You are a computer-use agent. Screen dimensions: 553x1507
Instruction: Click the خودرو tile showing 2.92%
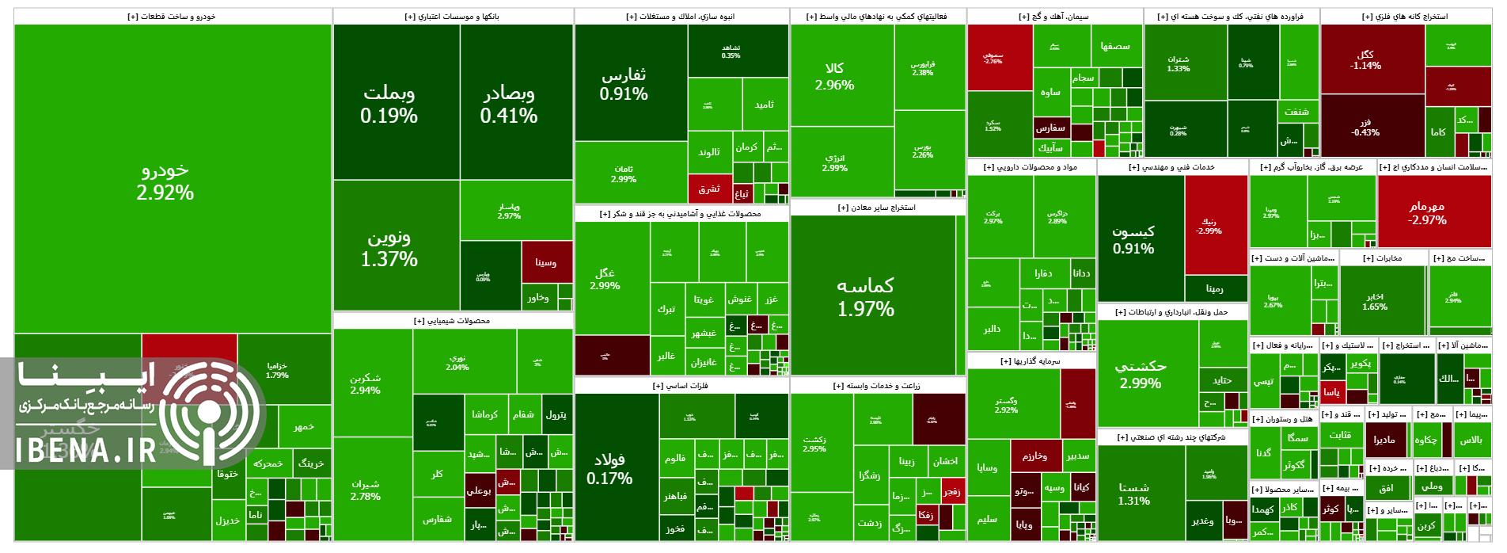165,181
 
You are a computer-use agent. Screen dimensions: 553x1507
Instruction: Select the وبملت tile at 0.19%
389,104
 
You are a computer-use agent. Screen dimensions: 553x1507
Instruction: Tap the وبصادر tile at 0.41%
509,104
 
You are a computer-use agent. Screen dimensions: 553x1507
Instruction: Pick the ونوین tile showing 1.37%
389,247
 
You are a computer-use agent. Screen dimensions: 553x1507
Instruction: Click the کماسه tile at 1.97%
866,296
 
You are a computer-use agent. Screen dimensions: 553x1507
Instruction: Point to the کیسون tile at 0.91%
1133,238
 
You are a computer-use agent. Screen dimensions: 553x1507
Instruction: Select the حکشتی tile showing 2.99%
1141,374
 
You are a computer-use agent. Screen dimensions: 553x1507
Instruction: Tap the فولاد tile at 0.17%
609,468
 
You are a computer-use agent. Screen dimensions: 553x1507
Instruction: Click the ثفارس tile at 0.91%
624,84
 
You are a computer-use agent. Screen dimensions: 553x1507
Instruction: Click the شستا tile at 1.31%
1133,493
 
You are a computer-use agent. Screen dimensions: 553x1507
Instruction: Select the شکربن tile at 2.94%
365,383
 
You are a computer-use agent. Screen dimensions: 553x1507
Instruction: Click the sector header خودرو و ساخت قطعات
172,16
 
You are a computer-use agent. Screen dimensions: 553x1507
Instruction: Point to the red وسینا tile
546,262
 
